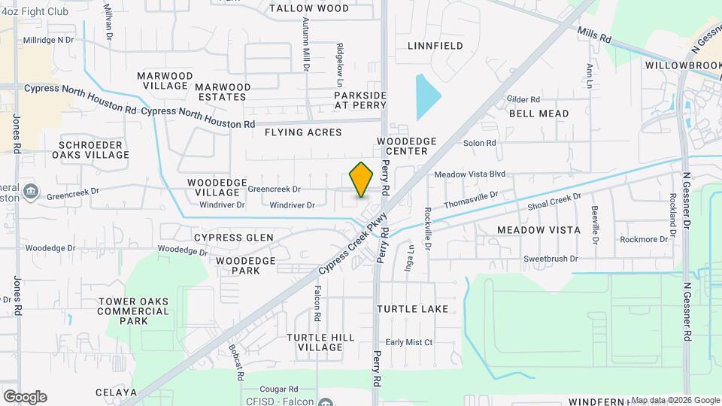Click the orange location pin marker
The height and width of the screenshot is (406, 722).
pyautogui.click(x=362, y=180)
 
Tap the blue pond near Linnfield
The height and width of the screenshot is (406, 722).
pyautogui.click(x=426, y=98)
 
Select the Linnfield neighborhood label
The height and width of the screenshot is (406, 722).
pyautogui.click(x=435, y=46)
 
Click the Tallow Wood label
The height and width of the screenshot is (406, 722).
pyautogui.click(x=309, y=8)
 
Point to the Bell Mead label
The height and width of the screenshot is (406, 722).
pyautogui.click(x=538, y=114)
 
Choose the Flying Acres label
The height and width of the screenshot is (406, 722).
pyautogui.click(x=303, y=132)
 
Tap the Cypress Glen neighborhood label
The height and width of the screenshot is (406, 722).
pyautogui.click(x=234, y=238)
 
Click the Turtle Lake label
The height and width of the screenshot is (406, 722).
pyautogui.click(x=413, y=309)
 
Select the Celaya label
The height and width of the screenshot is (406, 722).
pyautogui.click(x=117, y=392)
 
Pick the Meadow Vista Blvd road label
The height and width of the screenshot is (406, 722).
pyautogui.click(x=469, y=174)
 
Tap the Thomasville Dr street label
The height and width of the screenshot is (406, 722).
pyautogui.click(x=471, y=200)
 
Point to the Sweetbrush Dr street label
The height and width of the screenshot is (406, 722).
pyautogui.click(x=551, y=259)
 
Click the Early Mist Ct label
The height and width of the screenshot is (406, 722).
pyautogui.click(x=409, y=342)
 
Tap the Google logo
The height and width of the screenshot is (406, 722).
pyautogui.click(x=25, y=396)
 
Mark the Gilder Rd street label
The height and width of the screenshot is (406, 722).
pyautogui.click(x=524, y=99)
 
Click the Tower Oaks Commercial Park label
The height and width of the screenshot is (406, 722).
pyautogui.click(x=133, y=311)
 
